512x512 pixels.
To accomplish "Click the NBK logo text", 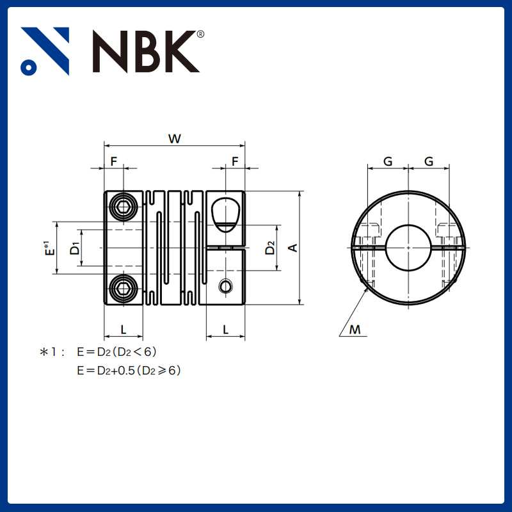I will pos(146,51).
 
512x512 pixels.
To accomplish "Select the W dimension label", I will pos(173,138).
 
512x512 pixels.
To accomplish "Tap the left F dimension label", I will pos(114,161).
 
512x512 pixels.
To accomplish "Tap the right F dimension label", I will pos(235,161).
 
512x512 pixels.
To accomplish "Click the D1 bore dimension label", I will pos(76,248).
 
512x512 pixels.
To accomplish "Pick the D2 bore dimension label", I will pos(271,248).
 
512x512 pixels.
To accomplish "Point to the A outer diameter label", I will pos(292,248).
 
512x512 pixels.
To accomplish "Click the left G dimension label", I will pos(388,161).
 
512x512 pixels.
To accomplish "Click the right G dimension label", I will pos(429,161).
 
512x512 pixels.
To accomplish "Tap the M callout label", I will pos(355,330).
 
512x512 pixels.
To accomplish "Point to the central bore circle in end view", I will pos(408,247).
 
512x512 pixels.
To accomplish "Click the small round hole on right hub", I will pos(225,285).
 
